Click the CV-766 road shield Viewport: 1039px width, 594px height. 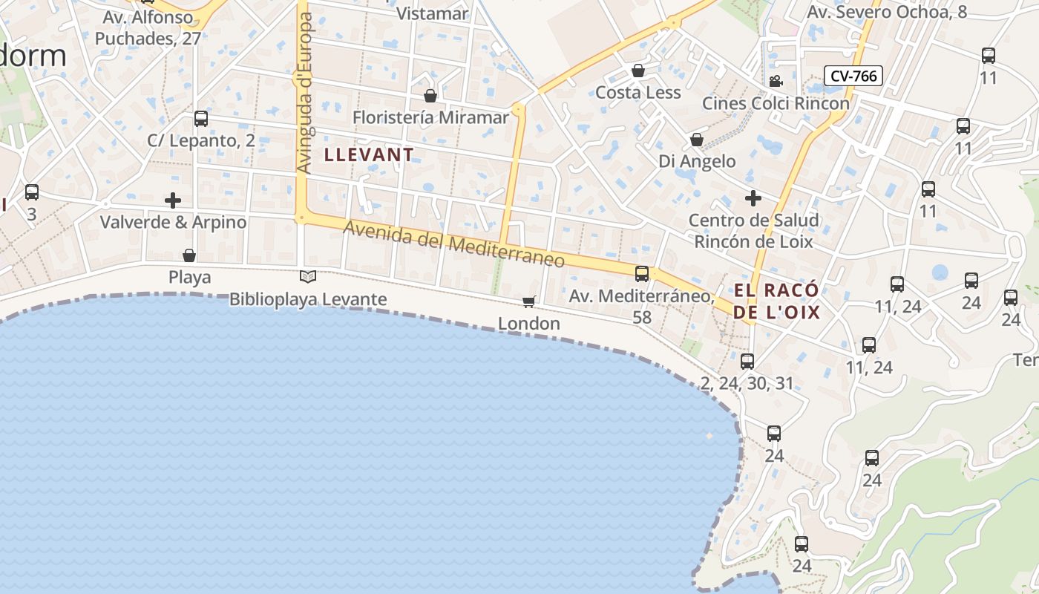(853, 75)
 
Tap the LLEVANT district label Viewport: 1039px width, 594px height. (369, 154)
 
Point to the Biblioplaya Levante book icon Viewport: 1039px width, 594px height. (308, 276)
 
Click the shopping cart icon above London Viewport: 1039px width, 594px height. (528, 301)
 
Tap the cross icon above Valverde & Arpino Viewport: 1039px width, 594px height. (173, 200)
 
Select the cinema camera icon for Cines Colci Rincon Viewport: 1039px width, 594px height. (776, 81)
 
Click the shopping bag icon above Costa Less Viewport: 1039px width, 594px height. (638, 71)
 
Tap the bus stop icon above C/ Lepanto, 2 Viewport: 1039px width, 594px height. (200, 118)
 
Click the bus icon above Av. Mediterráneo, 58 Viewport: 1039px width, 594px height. (642, 273)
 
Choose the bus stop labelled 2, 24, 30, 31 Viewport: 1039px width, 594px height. (747, 362)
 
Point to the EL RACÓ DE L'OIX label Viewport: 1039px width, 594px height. (776, 301)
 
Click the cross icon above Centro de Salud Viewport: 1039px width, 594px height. (753, 198)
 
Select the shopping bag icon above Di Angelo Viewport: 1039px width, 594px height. (697, 139)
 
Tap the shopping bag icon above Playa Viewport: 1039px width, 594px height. (189, 255)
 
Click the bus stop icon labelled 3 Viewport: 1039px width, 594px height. (31, 192)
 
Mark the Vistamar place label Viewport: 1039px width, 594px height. (432, 13)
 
